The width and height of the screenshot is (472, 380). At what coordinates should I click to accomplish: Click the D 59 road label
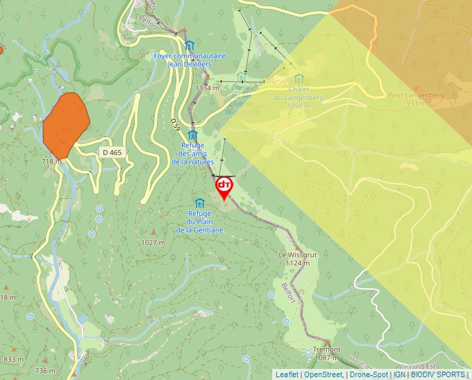click(x=176, y=124)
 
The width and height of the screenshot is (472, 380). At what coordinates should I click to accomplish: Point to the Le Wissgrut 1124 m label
click(x=297, y=259)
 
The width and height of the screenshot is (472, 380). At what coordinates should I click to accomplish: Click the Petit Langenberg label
click(x=406, y=99)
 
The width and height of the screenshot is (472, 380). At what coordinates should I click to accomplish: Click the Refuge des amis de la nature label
click(x=193, y=154)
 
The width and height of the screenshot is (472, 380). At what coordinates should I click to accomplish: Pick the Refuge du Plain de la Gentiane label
click(x=200, y=221)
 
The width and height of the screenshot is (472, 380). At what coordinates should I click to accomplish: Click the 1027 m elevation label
click(x=153, y=242)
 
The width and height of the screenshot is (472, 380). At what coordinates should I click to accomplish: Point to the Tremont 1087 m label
click(x=326, y=353)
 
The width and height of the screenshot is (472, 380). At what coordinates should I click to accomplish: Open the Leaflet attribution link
click(x=287, y=374)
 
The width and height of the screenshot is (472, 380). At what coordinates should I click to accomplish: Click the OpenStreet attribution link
click(x=323, y=374)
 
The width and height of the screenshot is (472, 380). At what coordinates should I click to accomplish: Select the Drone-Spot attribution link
click(x=369, y=374)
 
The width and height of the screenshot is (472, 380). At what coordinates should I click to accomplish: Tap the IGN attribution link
click(x=399, y=374)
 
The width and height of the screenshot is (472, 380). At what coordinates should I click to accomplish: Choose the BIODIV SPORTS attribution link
click(x=439, y=374)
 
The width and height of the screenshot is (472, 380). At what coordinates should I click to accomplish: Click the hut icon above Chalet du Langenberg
click(x=298, y=78)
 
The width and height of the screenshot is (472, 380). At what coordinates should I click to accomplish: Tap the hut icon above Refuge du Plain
click(x=200, y=202)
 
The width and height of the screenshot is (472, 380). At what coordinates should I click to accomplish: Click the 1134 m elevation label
click(x=207, y=88)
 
